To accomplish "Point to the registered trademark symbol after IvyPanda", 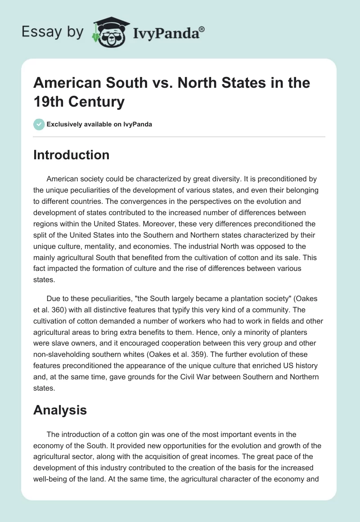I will [x=202, y=29].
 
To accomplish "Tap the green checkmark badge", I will [x=40, y=124].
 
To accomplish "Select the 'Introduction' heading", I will [x=72, y=155].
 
